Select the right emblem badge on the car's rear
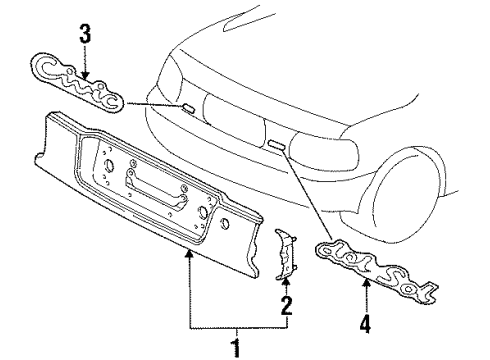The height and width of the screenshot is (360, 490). (277, 144)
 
